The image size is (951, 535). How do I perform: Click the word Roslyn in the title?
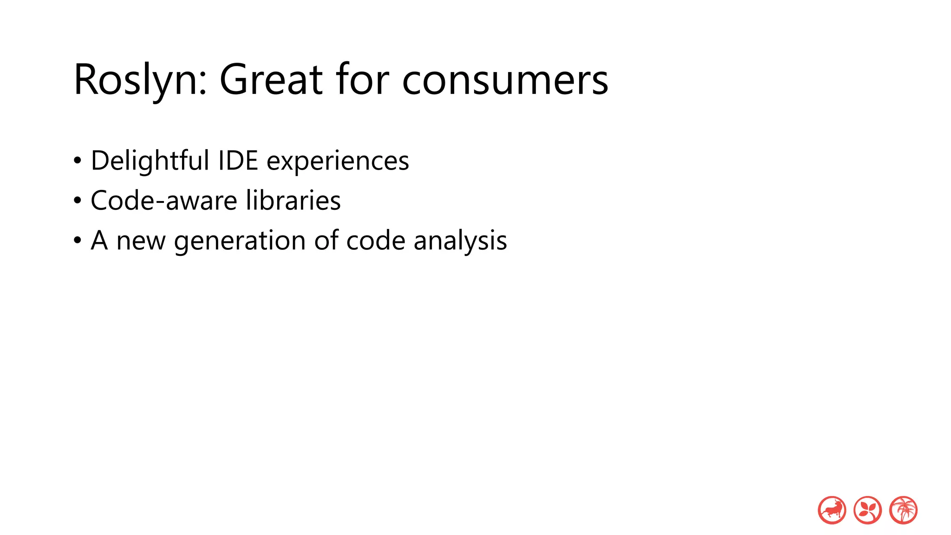[135, 80]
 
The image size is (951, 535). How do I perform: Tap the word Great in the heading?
[271, 79]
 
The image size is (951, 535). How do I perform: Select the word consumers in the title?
[505, 80]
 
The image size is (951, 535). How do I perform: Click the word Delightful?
[150, 161]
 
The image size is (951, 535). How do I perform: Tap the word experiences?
[338, 162]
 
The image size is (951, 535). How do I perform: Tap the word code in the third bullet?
[376, 241]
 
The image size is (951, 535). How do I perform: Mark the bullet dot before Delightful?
[78, 161]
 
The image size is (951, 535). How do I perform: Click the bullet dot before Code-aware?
[78, 201]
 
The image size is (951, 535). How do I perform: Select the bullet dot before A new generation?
[78, 241]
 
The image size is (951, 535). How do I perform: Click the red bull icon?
[832, 510]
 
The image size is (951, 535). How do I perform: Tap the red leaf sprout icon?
[867, 510]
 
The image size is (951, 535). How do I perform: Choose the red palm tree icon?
[903, 510]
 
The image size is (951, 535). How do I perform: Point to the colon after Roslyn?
[203, 84]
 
